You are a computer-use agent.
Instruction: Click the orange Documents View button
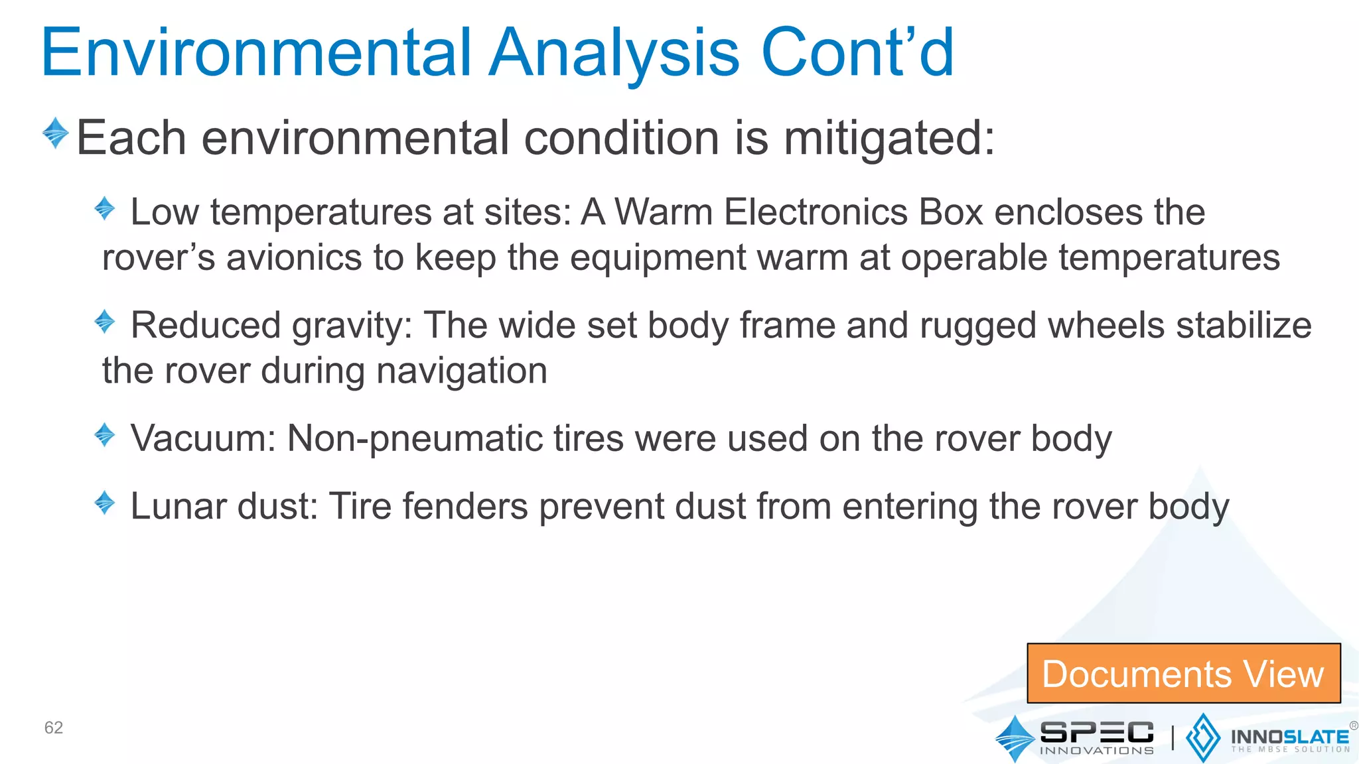click(1183, 673)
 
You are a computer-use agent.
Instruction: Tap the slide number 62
click(53, 728)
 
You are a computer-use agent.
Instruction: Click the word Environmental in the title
click(256, 53)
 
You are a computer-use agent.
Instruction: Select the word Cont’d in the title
click(857, 53)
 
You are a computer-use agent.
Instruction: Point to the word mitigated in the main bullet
click(889, 139)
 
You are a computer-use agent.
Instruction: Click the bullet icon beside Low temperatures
click(105, 208)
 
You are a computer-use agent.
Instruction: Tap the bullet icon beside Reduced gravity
click(105, 322)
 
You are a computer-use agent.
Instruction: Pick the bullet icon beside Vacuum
click(105, 435)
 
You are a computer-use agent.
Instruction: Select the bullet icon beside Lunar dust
click(105, 503)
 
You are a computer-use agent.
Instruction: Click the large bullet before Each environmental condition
click(56, 133)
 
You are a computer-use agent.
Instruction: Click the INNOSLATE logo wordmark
click(1289, 737)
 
